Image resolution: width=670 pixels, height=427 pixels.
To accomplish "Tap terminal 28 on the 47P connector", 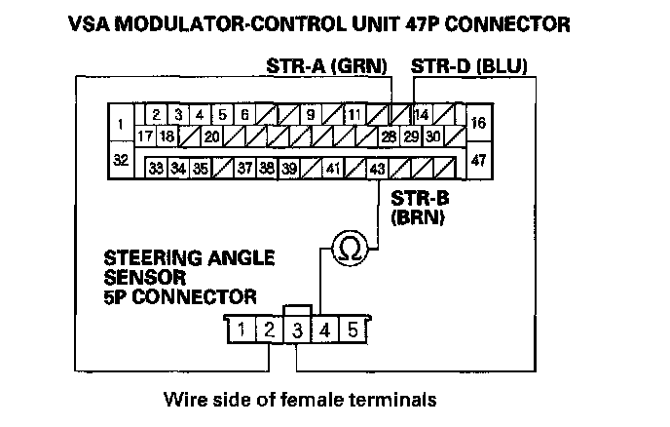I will pos(389,136).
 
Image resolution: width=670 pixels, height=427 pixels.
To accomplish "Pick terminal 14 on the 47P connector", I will pos(422,115).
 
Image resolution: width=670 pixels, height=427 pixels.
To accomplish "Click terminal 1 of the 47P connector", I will pos(119,125).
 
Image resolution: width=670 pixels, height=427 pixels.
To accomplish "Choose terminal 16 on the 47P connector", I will pos(477,124).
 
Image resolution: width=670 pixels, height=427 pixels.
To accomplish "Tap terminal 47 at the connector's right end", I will pos(477,159).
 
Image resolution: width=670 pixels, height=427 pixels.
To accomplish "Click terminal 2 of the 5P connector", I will pos(267,330).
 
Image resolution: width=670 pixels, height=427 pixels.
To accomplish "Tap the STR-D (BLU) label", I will pos(469,67).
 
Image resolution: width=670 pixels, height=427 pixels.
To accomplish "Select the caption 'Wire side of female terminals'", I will pos(298,399).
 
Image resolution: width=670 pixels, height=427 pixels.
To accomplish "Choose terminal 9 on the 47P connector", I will pos(310,115).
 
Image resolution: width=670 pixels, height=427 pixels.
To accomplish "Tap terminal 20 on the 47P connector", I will pos(211,136).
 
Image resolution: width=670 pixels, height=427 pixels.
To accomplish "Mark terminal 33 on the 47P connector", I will pos(156,168).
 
